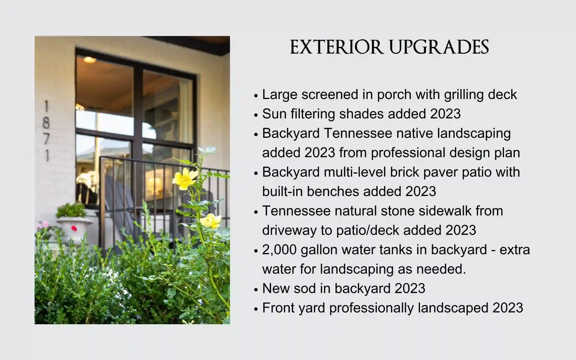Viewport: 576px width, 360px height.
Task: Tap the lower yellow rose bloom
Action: pos(211,221)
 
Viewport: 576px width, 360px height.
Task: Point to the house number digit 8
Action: pos(46,123)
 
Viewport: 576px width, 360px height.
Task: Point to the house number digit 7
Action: pos(46,139)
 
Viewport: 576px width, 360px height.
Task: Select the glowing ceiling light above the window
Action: pos(89,60)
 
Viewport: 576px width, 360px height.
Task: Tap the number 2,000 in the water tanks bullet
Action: pos(279,250)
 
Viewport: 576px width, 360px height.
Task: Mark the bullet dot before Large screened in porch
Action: pos(256,96)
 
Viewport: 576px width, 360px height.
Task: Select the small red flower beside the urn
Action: pos(74,228)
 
